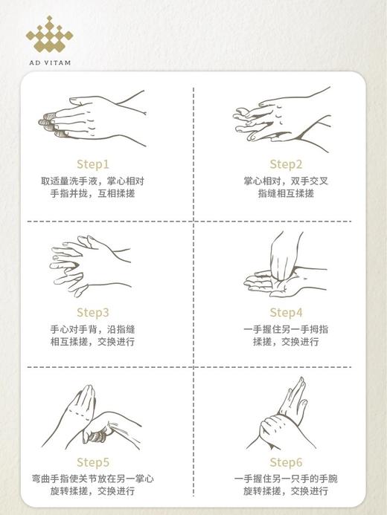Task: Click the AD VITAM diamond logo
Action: (x=48, y=35)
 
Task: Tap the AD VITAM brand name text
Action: (x=48, y=63)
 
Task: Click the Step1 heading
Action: (x=92, y=164)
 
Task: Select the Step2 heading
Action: (x=286, y=164)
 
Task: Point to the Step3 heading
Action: (x=92, y=312)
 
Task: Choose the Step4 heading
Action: (x=286, y=312)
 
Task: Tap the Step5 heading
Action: (x=92, y=462)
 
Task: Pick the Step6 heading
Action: (x=286, y=462)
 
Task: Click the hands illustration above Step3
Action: (x=89, y=264)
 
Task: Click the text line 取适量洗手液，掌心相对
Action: (x=92, y=181)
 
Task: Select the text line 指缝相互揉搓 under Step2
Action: (x=286, y=193)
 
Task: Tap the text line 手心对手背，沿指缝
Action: (x=92, y=329)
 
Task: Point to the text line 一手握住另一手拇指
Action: (x=286, y=329)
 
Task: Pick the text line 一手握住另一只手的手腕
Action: (x=286, y=479)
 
